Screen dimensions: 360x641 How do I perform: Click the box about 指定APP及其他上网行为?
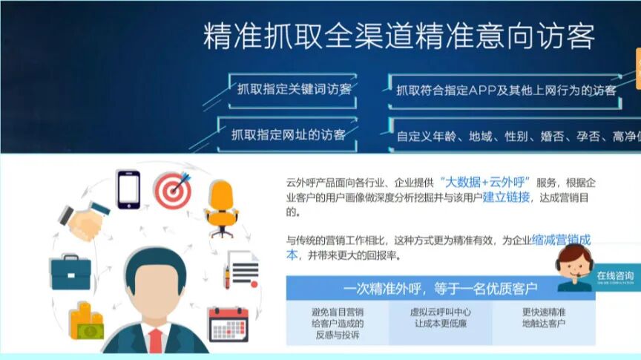506,91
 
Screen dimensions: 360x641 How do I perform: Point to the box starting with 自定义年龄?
512,136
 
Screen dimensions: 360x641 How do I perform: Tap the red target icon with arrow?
173,189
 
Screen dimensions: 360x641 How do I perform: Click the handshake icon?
83,219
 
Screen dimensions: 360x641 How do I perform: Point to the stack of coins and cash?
86,321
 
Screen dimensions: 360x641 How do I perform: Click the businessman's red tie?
155,342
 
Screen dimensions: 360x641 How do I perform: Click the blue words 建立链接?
507,197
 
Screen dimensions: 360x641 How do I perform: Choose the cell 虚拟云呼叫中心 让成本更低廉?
441,318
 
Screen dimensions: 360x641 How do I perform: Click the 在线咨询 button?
615,276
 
